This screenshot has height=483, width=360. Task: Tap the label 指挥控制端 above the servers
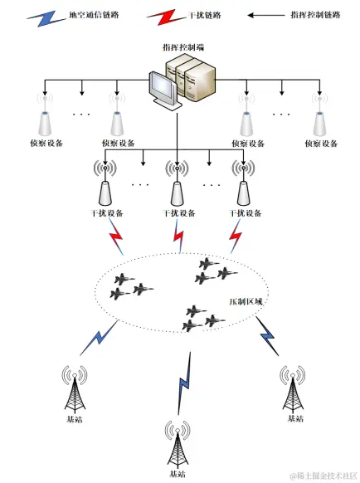tap(179, 49)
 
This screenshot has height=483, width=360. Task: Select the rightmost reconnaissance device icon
tap(318, 120)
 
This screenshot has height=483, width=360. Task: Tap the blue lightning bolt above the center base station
tap(185, 383)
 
